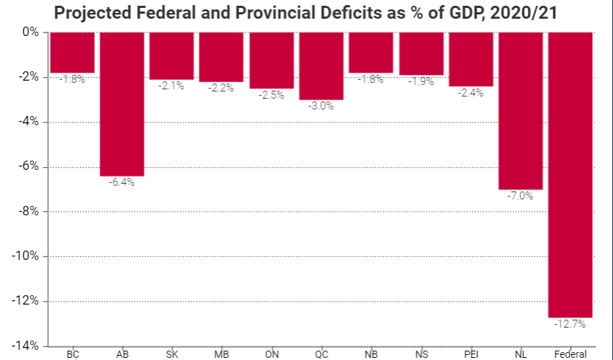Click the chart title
[x=306, y=14]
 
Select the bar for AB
[x=122, y=104]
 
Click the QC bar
[x=321, y=66]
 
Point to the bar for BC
[x=72, y=52]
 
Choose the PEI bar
[x=470, y=59]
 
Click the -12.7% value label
[x=571, y=325]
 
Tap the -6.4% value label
[x=122, y=183]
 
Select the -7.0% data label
[x=520, y=196]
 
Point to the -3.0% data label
[x=321, y=107]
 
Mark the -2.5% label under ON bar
[x=272, y=96]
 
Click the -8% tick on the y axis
[x=30, y=212]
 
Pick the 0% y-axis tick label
[x=32, y=32]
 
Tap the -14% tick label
[x=27, y=346]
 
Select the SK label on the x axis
[x=171, y=354]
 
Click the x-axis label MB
[x=221, y=354]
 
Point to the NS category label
[x=421, y=354]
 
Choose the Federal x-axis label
[x=571, y=354]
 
